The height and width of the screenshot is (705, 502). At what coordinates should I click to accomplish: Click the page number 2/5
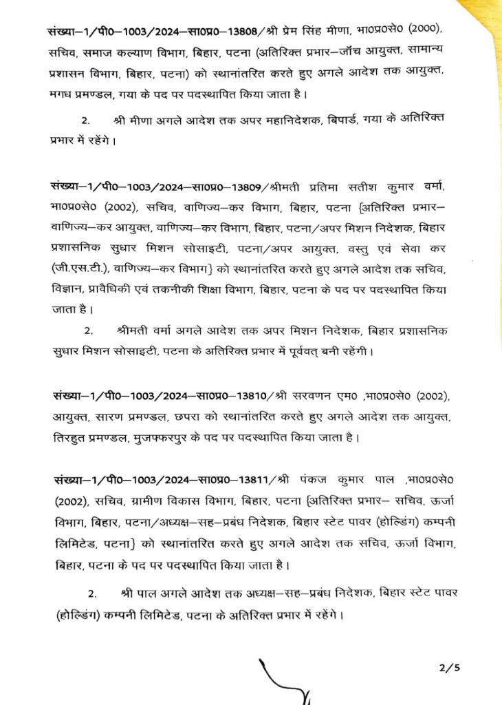pyautogui.click(x=448, y=667)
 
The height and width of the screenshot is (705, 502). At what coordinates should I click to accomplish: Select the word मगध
pyautogui.click(x=61, y=94)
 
